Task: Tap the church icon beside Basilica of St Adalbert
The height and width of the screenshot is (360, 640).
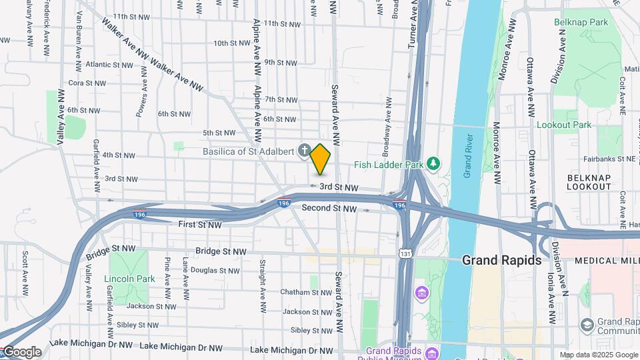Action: point(305,151)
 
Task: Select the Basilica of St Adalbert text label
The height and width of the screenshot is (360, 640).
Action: point(249,151)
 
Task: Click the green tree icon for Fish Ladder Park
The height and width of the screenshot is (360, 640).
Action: point(433,163)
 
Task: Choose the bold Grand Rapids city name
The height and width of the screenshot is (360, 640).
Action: point(501,260)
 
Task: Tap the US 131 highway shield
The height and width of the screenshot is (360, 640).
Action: point(405,253)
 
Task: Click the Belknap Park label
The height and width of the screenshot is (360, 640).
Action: point(581,22)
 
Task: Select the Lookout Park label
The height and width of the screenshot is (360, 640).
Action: point(564,125)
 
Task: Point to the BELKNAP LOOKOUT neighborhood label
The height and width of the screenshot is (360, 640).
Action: point(589,182)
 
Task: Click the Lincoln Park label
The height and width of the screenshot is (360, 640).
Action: point(129,279)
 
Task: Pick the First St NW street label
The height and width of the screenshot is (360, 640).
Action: point(200,225)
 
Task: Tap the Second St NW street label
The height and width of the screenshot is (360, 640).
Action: point(330,209)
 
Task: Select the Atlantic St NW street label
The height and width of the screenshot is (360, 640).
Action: point(110,65)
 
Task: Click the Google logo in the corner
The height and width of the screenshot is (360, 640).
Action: point(21,352)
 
